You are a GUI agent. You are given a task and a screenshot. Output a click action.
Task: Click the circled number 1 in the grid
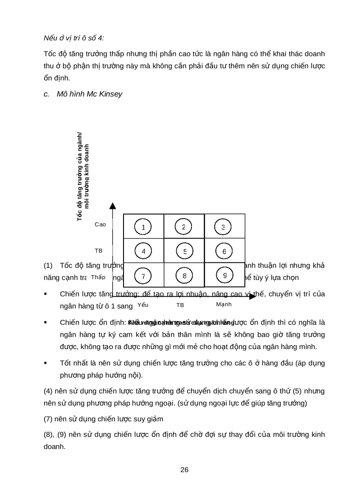coord(143,227)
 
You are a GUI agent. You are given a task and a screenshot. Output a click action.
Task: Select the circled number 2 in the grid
coord(184,227)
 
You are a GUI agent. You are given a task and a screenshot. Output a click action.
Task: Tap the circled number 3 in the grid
coord(223,227)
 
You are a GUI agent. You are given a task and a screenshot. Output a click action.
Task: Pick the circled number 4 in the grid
coord(143,251)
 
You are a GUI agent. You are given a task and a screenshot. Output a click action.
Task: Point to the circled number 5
coord(185,251)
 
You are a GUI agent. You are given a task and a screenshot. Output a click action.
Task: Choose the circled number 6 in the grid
coord(224,251)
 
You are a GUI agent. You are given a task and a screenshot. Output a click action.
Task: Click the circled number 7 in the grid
coord(143,276)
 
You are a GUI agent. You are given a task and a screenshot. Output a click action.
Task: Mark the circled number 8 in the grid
coord(184,276)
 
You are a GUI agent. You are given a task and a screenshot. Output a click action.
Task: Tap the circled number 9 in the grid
coord(225,275)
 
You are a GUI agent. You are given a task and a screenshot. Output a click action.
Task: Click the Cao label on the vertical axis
coord(100,224)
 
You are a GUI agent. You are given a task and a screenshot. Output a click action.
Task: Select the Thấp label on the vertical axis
coord(98,277)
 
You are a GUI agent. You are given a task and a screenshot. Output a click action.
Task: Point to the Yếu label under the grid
coord(143,305)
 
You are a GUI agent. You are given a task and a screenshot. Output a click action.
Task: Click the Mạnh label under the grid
coord(224,305)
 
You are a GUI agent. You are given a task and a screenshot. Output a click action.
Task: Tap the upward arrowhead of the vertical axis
coord(113,205)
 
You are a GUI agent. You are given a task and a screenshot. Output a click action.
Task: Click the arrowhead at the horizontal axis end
coord(253,296)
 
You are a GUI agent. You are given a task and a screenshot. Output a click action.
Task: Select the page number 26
coord(184,469)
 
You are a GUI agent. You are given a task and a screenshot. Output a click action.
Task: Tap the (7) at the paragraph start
coord(49,418)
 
